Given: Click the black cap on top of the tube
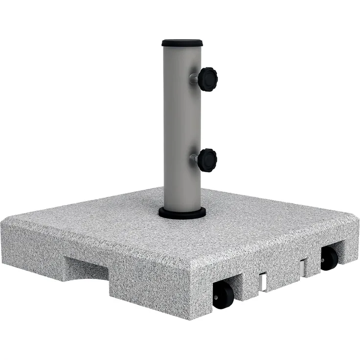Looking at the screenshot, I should coord(182,43).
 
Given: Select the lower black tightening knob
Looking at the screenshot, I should coord(207,160).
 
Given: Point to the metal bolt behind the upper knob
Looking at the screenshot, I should coord(194,78).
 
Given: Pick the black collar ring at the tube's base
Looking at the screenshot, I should coord(182,213).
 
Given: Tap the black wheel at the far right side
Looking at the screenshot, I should coord(329,258).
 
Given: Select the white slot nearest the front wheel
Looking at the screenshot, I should coord(263,282).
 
